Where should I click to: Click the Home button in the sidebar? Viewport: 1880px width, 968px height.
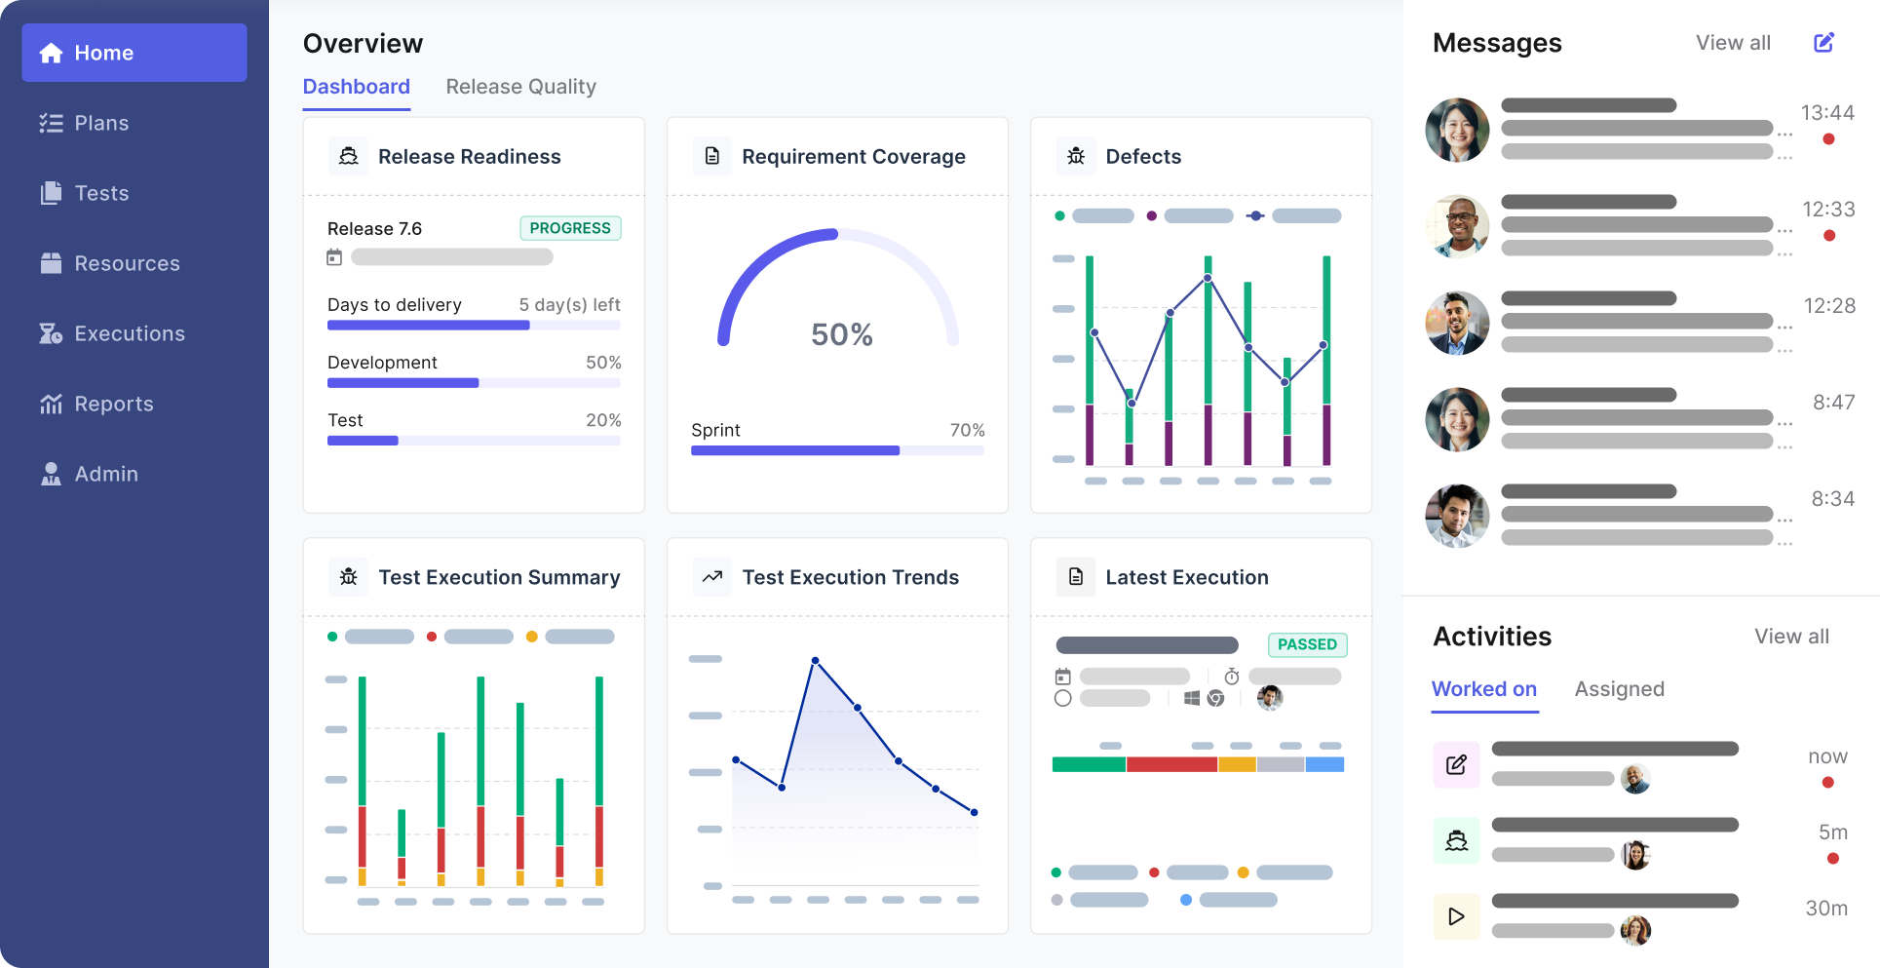134,53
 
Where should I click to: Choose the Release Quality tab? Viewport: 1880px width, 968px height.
520,87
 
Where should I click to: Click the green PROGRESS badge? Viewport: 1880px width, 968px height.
570,228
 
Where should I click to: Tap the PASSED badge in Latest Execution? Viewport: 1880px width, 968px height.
1307,644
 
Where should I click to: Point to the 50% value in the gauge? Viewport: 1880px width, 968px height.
841,334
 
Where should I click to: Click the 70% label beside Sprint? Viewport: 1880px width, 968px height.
967,430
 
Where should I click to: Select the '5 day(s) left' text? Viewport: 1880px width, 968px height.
569,305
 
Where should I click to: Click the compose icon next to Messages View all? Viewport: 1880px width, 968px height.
1823,43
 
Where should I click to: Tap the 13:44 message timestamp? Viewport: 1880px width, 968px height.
1827,113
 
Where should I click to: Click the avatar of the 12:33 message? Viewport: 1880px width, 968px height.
1457,226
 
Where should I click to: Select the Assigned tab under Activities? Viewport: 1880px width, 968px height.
1619,689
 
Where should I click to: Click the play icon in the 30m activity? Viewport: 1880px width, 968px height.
1456,916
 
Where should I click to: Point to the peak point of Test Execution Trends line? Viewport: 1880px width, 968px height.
815,661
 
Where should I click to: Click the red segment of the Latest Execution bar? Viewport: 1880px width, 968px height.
1171,764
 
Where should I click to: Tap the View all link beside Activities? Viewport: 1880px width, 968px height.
1791,637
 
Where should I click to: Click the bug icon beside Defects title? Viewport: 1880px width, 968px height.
1076,156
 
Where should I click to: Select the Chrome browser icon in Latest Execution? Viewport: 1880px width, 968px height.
1215,698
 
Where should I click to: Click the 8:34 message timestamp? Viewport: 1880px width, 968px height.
1832,499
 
